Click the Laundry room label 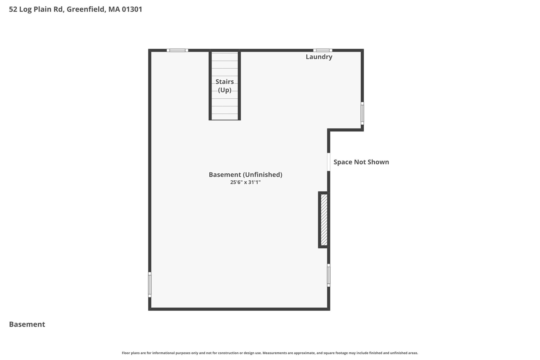(319, 57)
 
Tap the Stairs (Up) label (225, 86)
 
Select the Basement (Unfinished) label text (245, 175)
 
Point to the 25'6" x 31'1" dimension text (245, 182)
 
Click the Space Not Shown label (361, 162)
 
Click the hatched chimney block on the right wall (324, 220)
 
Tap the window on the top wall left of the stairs (177, 50)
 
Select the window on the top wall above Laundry (323, 50)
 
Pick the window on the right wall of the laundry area (362, 113)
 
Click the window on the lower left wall (150, 285)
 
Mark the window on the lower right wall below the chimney (329, 275)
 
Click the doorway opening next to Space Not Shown (329, 162)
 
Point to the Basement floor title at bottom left (27, 324)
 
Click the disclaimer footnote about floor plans (270, 353)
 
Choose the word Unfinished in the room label (263, 175)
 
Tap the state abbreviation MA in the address (114, 9)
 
